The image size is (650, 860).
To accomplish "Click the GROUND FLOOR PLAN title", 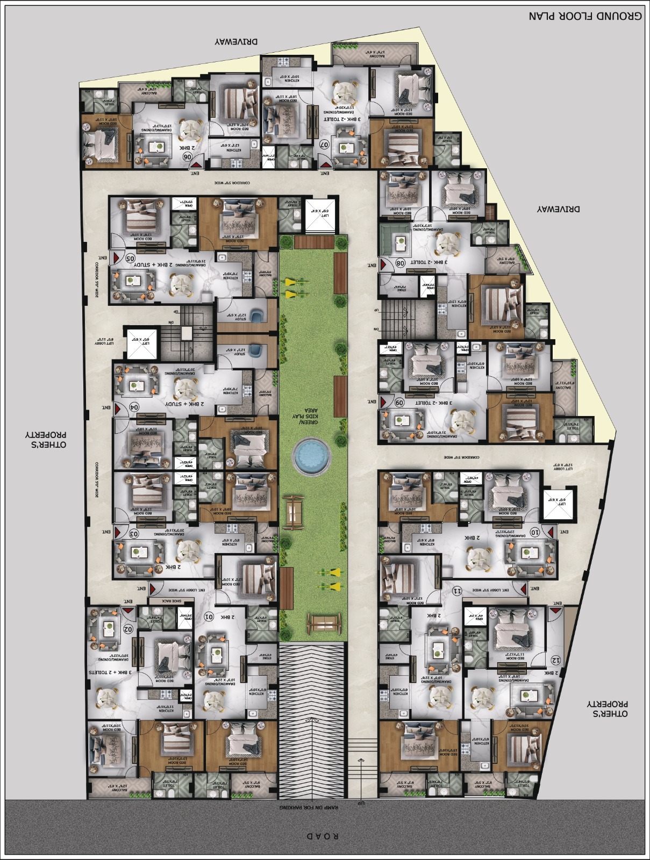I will click(584, 16).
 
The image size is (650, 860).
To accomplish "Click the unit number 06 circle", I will click(188, 156).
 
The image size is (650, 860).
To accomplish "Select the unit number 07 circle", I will click(324, 144).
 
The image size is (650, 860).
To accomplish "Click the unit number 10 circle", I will click(535, 532).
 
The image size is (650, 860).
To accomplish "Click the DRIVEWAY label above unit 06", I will click(236, 42).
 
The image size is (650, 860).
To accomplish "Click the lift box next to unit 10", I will click(559, 505).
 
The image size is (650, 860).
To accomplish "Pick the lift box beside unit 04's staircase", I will click(142, 342).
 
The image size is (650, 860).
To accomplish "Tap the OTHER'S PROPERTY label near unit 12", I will click(607, 708).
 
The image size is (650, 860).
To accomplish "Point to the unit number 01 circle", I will click(210, 616).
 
